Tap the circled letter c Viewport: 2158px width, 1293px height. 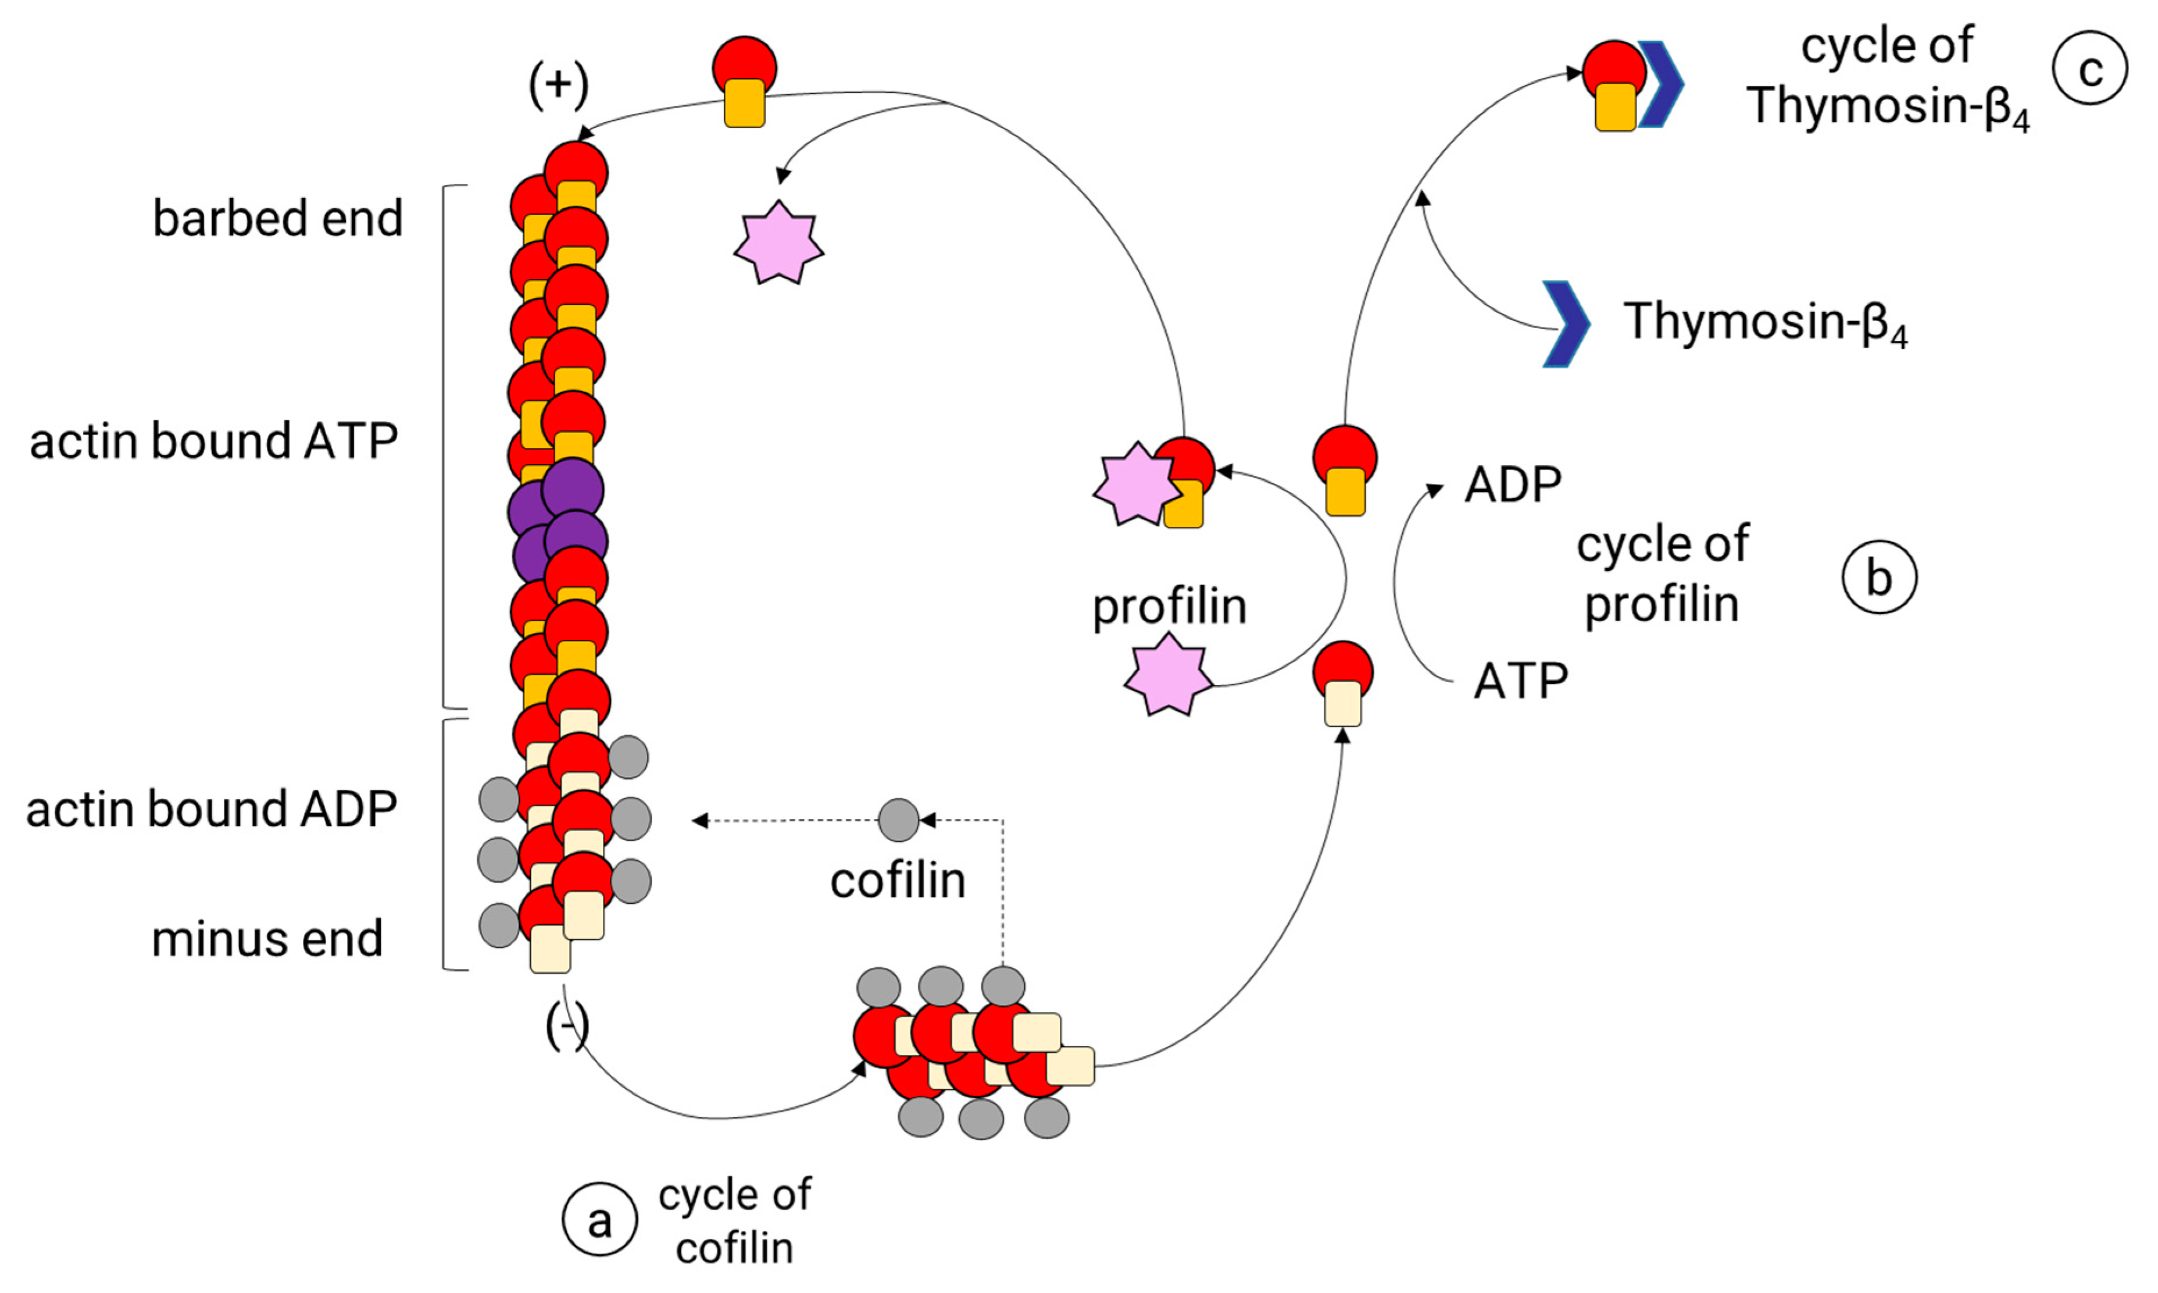pyautogui.click(x=2090, y=68)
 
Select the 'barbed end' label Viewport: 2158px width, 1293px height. pyautogui.click(x=278, y=218)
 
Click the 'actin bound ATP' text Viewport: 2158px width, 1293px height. pyautogui.click(x=215, y=441)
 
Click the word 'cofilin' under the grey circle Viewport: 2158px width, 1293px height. pyautogui.click(x=898, y=881)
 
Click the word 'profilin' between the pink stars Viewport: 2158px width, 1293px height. pyautogui.click(x=1170, y=607)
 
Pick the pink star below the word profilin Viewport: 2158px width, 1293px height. pyautogui.click(x=1168, y=675)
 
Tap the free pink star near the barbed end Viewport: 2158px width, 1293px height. pyautogui.click(x=778, y=244)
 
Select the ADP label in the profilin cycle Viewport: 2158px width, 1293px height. pyautogui.click(x=1513, y=485)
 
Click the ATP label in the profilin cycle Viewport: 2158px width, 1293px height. pyautogui.click(x=1520, y=681)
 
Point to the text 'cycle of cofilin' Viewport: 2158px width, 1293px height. pyautogui.click(x=734, y=1221)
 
